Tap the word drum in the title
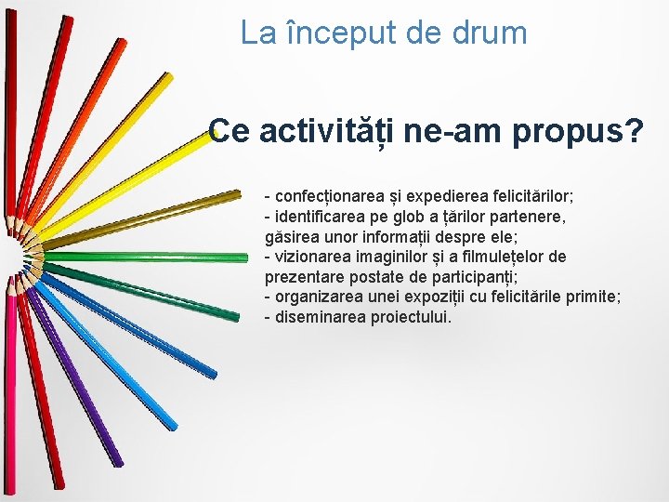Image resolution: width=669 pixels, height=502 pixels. tap(492, 33)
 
